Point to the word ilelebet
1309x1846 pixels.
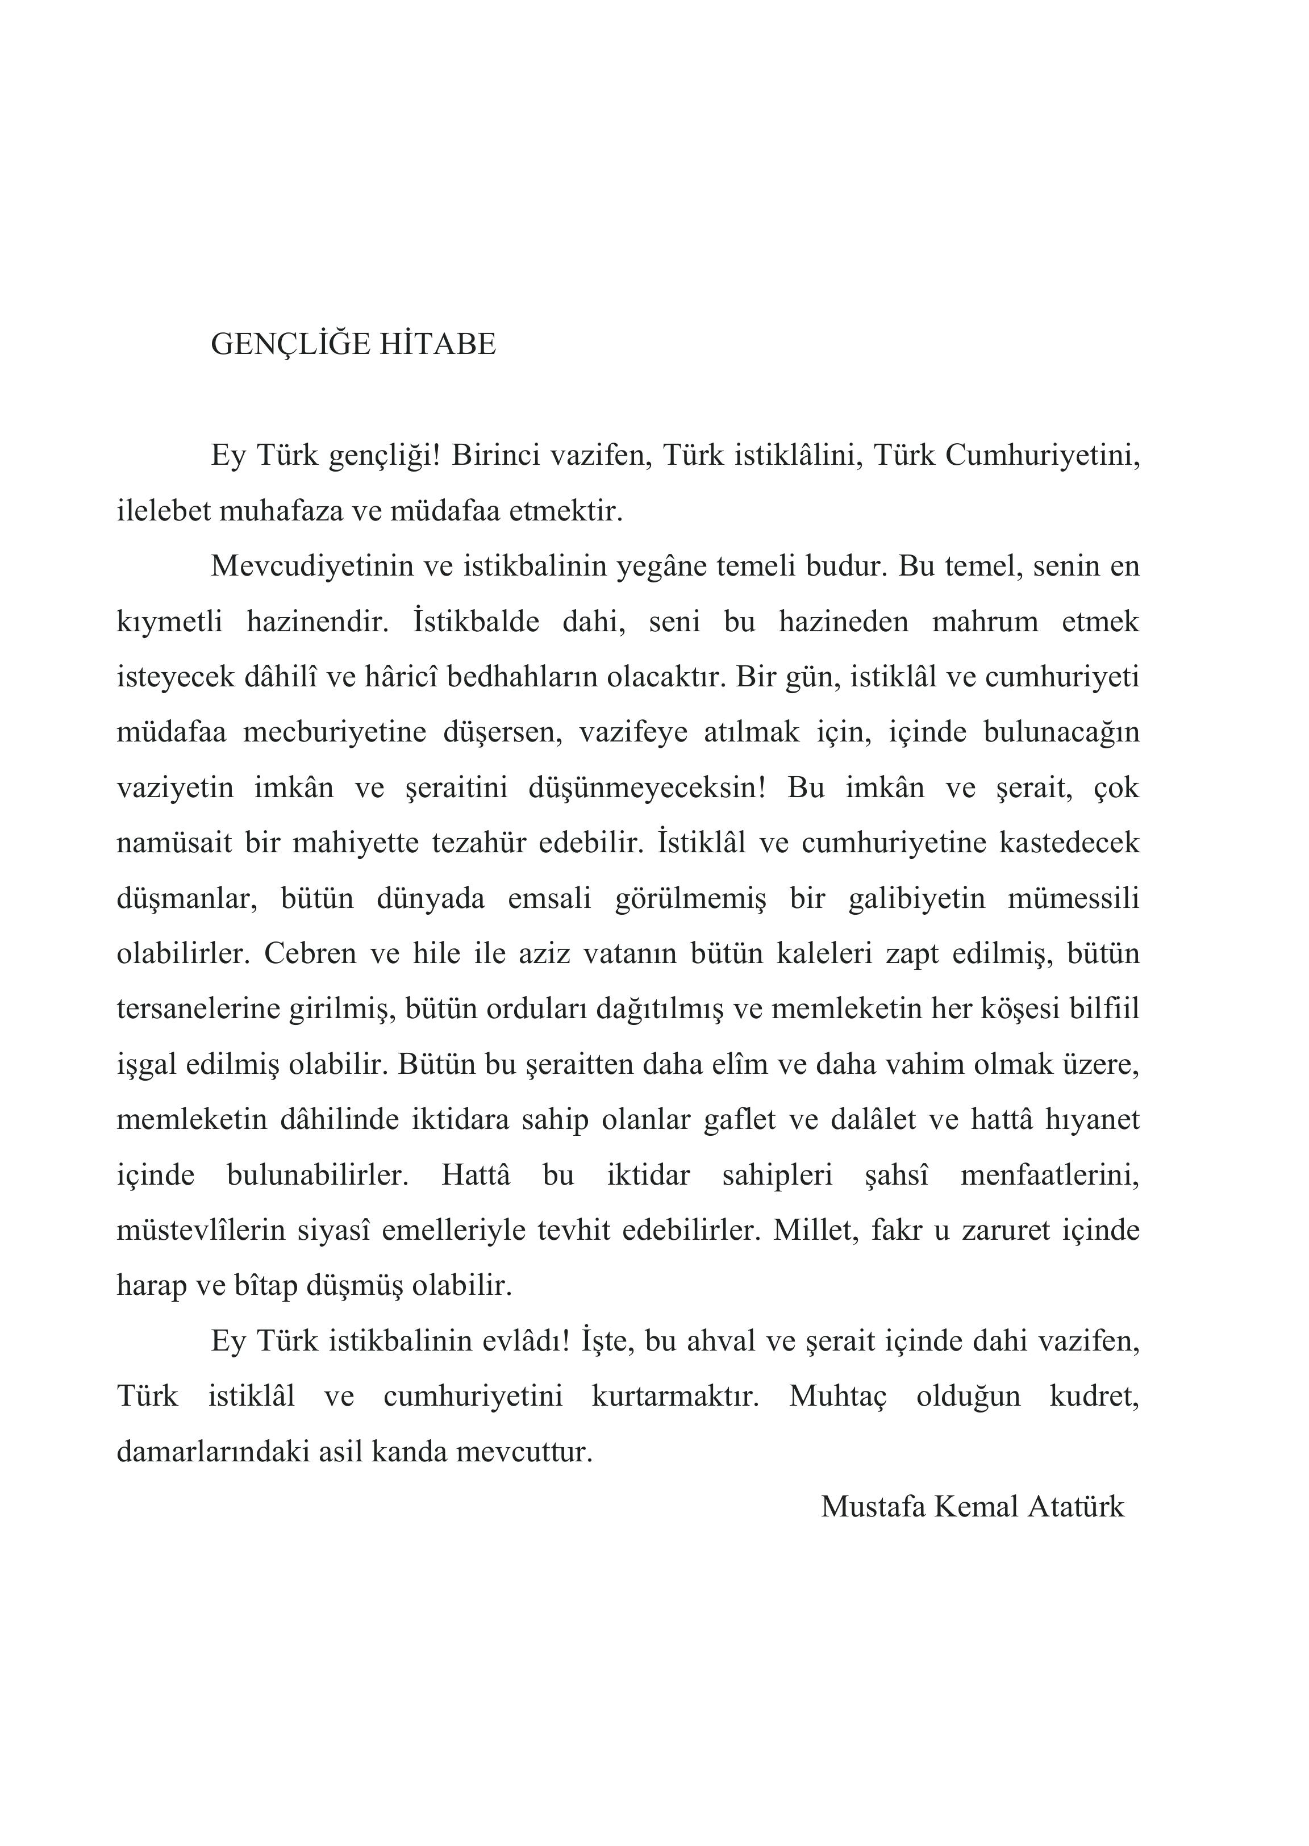(163, 511)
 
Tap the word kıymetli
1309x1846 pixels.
(169, 622)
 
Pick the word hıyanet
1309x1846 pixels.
(1092, 1120)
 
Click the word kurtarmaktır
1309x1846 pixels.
(676, 1396)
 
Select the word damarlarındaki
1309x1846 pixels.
(213, 1452)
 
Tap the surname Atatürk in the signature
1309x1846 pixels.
(1075, 1507)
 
